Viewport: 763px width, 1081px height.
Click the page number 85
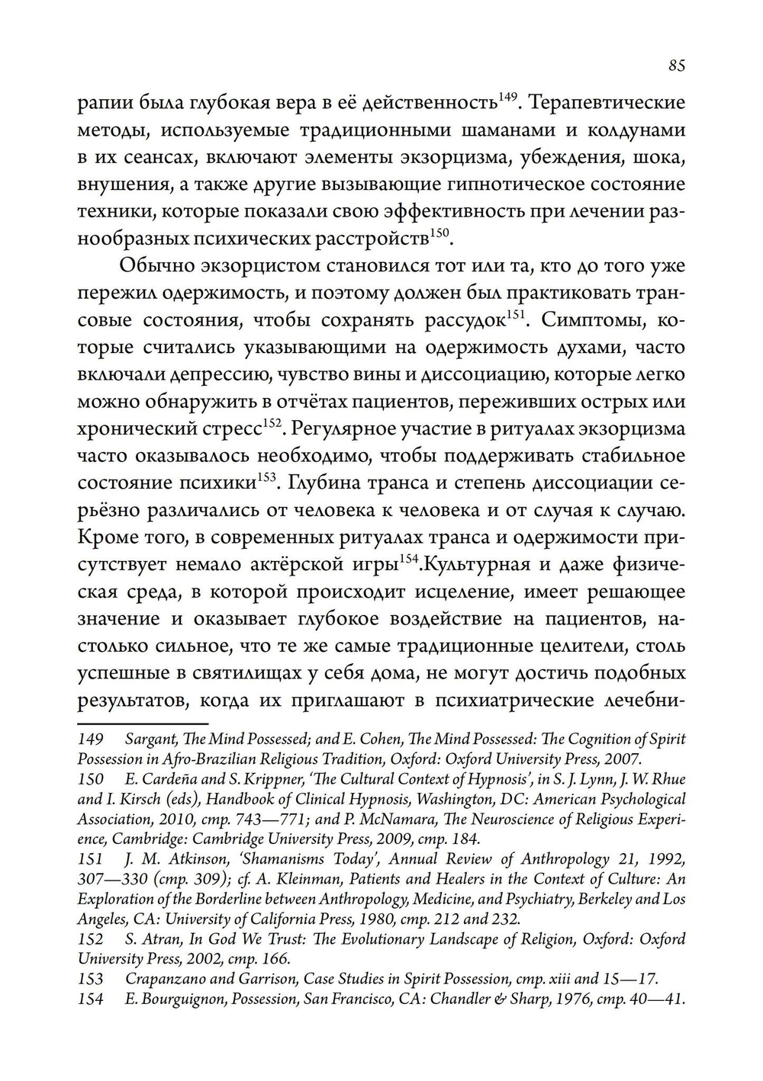coord(676,66)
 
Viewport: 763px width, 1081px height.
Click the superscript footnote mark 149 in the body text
coord(508,97)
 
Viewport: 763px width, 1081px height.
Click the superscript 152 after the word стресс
coord(273,423)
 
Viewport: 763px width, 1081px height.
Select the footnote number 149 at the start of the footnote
coord(90,739)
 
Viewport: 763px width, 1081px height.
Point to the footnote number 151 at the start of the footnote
coord(90,859)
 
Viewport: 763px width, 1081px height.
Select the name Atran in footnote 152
coord(156,939)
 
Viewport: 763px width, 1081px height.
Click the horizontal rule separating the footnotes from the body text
coord(143,722)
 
